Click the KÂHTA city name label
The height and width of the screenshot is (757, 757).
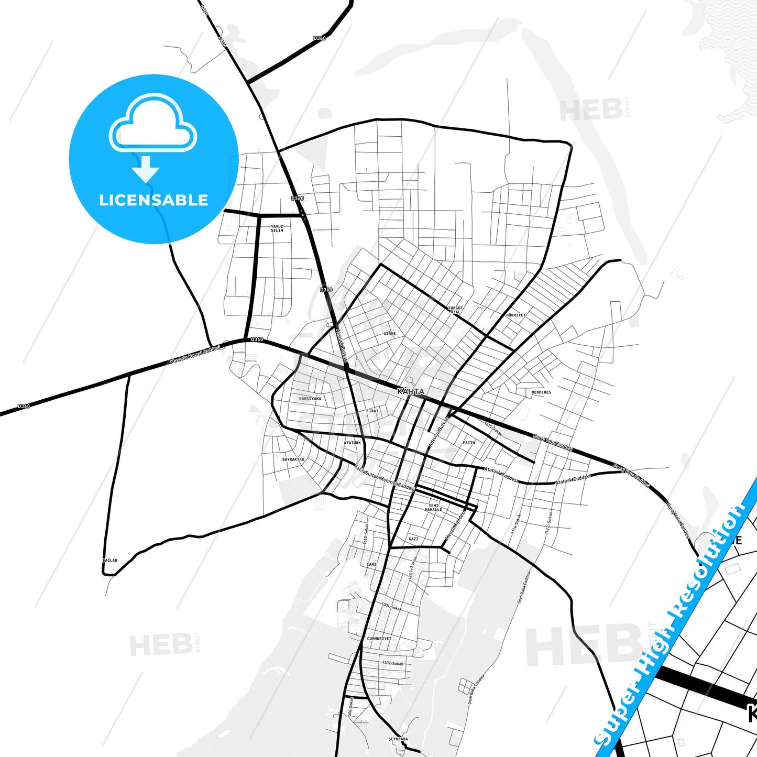[x=411, y=391]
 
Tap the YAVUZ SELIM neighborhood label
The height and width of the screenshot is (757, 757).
[x=277, y=228]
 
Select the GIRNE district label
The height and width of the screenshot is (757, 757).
[x=389, y=333]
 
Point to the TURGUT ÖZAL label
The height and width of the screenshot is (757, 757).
[x=455, y=310]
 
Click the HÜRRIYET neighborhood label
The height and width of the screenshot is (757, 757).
[x=515, y=315]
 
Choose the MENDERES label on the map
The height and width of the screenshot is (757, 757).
[x=541, y=392]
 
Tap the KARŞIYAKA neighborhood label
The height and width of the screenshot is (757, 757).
[x=310, y=398]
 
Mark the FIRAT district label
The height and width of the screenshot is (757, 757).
[x=372, y=411]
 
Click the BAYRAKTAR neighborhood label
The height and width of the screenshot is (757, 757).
[x=293, y=459]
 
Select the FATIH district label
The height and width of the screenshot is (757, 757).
[x=468, y=443]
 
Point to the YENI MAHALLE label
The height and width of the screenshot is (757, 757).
[x=433, y=507]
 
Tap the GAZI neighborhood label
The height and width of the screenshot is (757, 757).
[x=413, y=539]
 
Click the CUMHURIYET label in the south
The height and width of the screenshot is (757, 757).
[x=379, y=639]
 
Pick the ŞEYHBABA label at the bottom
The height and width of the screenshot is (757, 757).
[x=398, y=739]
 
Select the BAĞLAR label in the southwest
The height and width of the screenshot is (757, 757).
[x=110, y=561]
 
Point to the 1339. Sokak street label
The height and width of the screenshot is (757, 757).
[x=393, y=663]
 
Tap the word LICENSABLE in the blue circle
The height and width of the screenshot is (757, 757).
[x=153, y=200]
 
